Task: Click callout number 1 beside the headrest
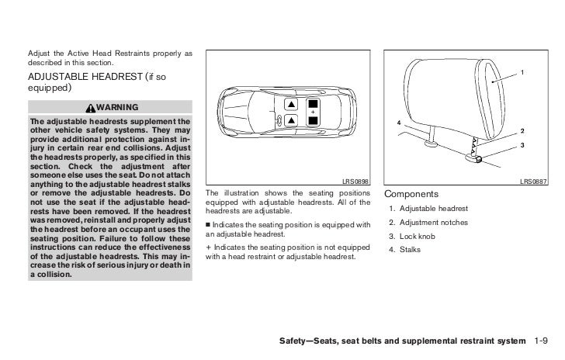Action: pyautogui.click(x=522, y=73)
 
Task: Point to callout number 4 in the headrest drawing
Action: pyautogui.click(x=399, y=123)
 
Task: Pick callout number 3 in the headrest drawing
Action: pyautogui.click(x=522, y=145)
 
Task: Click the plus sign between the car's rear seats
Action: pyautogui.click(x=312, y=112)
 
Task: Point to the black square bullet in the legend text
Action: pyautogui.click(x=210, y=226)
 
